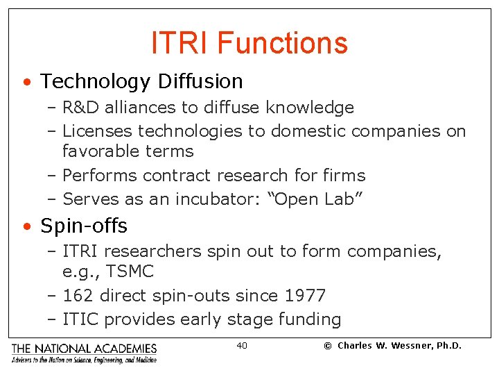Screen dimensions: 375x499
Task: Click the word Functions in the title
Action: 282,43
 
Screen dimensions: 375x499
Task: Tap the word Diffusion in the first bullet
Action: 200,81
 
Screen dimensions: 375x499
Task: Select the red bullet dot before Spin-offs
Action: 26,226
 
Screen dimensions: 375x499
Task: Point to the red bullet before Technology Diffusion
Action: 26,82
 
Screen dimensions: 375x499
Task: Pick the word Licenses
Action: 98,131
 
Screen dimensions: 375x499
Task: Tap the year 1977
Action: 305,296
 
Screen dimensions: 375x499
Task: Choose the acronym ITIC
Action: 80,319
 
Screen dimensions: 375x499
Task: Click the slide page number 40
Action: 242,346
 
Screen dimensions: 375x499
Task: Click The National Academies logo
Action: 84,353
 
